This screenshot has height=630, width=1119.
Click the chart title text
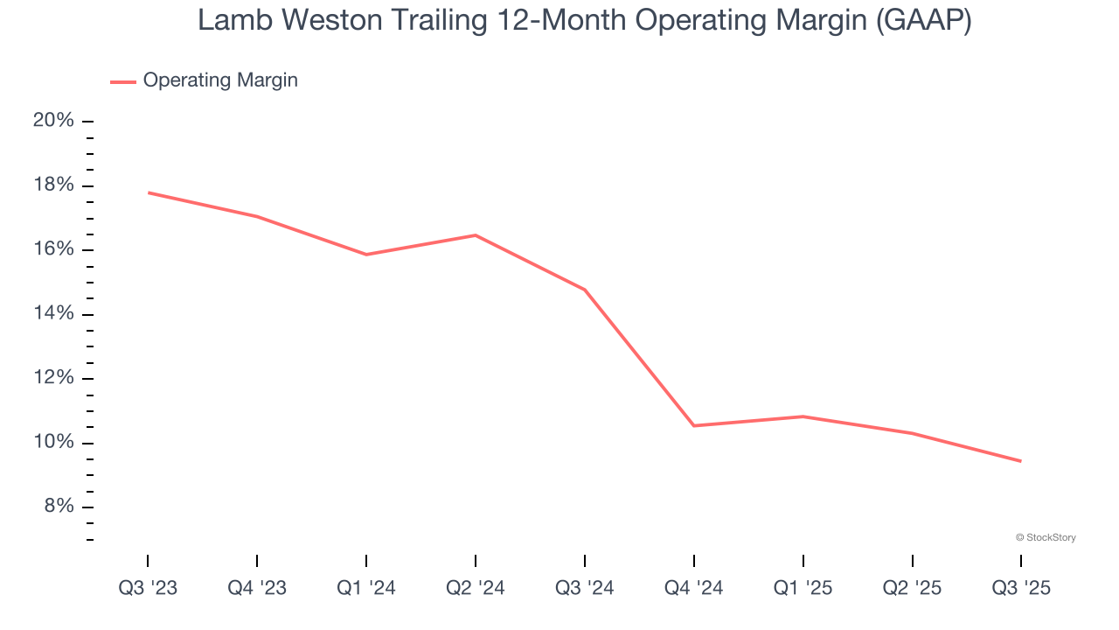(x=584, y=21)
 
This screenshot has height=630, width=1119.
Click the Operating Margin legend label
(x=220, y=80)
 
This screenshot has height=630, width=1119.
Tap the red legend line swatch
(x=122, y=81)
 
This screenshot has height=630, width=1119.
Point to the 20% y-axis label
(x=53, y=121)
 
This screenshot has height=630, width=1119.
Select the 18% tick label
(x=53, y=185)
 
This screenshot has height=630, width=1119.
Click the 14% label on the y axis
(x=53, y=314)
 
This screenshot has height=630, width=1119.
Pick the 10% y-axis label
(x=53, y=443)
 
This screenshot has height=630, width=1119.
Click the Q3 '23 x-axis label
(x=148, y=588)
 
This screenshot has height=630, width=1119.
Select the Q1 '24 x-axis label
(x=366, y=588)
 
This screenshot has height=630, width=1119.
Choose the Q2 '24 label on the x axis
(x=476, y=588)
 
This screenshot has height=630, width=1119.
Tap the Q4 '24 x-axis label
(x=694, y=588)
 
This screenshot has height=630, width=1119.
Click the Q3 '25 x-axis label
(x=1021, y=588)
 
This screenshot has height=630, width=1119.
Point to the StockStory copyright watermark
(x=1046, y=537)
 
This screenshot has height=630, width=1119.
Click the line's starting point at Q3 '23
(x=148, y=192)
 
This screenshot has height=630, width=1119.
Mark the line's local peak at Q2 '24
(x=476, y=234)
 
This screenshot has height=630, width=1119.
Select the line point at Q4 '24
(x=694, y=425)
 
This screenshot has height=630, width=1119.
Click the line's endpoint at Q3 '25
(x=1021, y=461)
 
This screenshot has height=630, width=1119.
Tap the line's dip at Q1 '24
(x=366, y=255)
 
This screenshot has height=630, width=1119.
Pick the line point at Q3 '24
(x=585, y=290)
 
